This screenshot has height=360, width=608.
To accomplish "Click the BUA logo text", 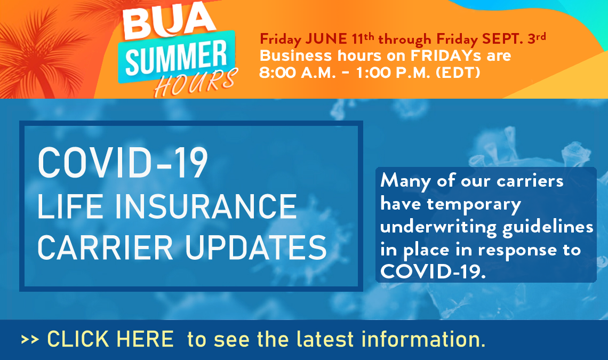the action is pos(169,22).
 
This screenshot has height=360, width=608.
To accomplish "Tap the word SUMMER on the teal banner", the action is pos(177,58).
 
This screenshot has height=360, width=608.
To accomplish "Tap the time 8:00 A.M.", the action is pos(297,73).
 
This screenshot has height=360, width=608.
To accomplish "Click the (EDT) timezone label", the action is pos(458,73).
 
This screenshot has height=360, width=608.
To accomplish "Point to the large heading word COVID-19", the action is pos(123,163).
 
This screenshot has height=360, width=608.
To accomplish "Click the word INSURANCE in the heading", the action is pos(206,206).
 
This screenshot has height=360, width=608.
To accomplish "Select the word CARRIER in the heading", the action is pos(105,247).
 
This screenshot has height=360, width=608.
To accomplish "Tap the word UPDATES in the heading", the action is pos(256,247).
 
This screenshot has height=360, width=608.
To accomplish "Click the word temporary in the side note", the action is pos(474,205).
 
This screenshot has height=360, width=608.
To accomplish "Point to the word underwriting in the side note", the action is pos(438,228).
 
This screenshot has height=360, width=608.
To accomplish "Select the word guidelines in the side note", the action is pos(548,228).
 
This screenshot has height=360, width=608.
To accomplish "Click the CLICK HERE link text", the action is pos(110,339).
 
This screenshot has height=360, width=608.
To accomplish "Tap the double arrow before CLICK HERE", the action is pos(30,340).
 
